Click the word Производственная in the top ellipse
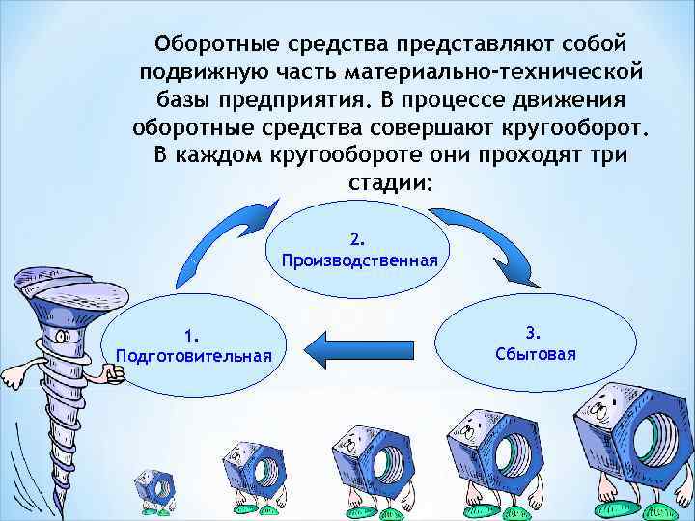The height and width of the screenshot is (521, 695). [x=359, y=260]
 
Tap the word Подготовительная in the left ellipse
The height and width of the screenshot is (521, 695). [x=193, y=354]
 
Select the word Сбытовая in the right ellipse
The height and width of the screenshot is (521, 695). [x=535, y=353]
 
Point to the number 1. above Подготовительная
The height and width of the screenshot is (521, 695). [x=193, y=335]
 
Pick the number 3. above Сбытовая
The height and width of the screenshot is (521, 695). [x=535, y=333]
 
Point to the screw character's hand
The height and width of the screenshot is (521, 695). [x=115, y=376]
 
